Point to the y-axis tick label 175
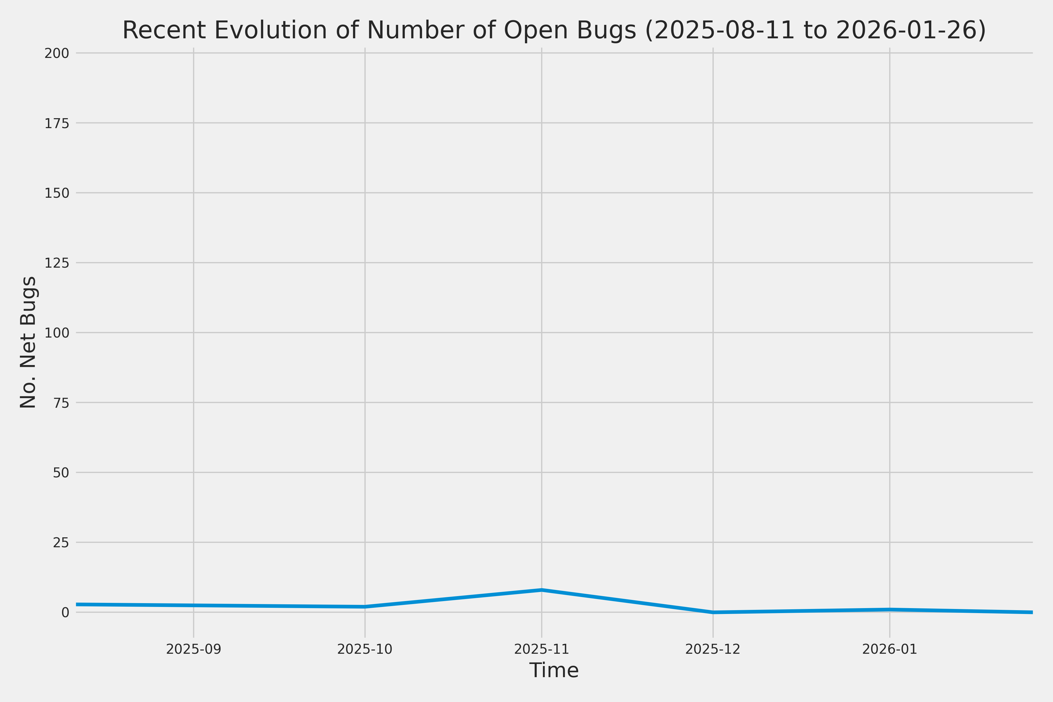56,123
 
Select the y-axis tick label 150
56,193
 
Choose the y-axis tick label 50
61,473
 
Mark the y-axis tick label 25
61,543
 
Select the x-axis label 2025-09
193,649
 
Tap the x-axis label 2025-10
364,649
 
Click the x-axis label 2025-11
541,649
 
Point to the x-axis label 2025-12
713,649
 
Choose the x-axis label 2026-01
889,649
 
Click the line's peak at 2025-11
542,590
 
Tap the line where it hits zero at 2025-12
713,612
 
